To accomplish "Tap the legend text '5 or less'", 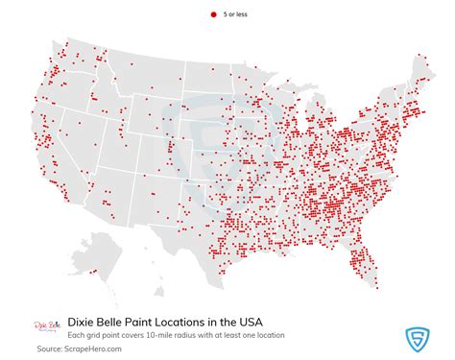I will tap(236, 16).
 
